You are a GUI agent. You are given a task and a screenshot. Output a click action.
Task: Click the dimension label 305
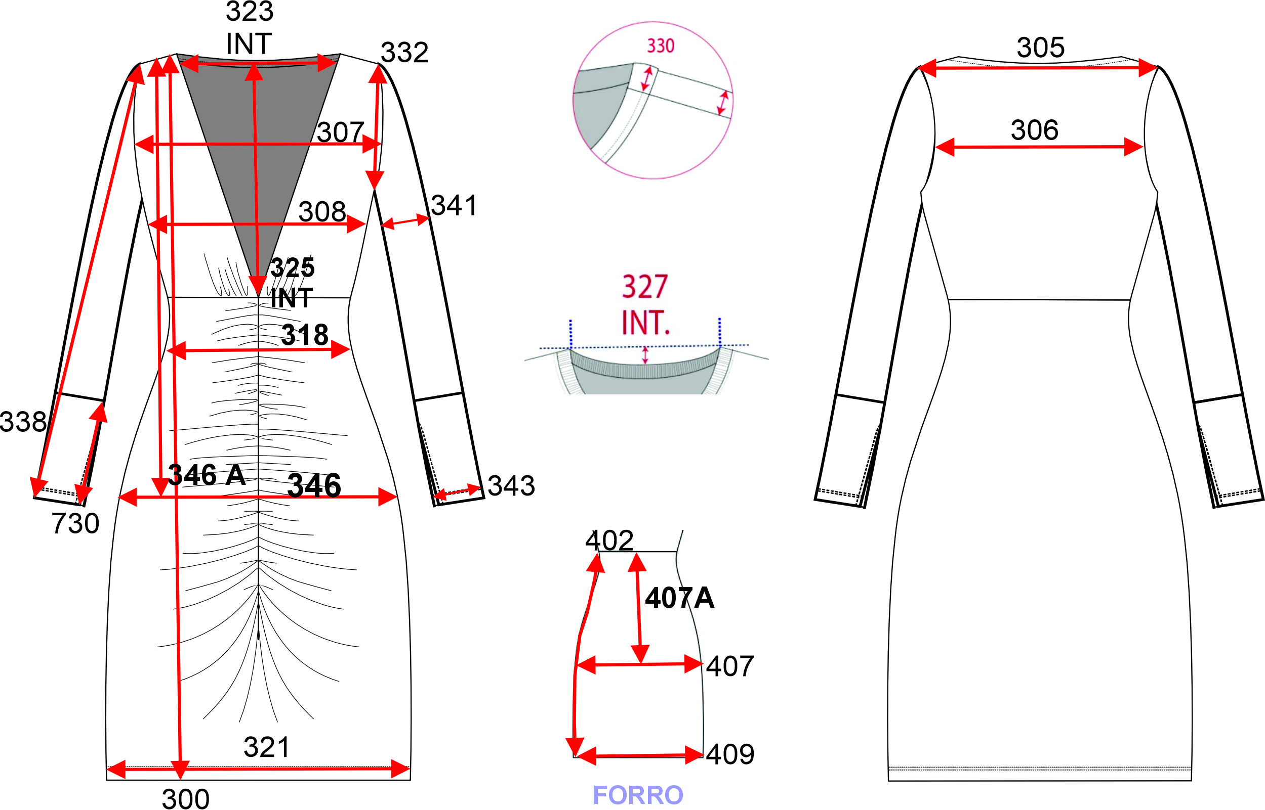point(1040,48)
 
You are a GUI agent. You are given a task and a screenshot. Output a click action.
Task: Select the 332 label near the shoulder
point(404,52)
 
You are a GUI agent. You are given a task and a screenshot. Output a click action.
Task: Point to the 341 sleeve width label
point(454,205)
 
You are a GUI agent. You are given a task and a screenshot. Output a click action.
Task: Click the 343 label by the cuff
point(511,485)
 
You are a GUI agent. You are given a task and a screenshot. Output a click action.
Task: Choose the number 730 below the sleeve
point(75,523)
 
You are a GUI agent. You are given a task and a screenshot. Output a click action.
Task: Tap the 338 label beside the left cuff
point(23,422)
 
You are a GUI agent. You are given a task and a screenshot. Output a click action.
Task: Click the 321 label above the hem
point(266,747)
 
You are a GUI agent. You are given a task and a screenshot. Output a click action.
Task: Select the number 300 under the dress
point(185,799)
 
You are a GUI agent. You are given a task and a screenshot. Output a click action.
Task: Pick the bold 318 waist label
point(305,335)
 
